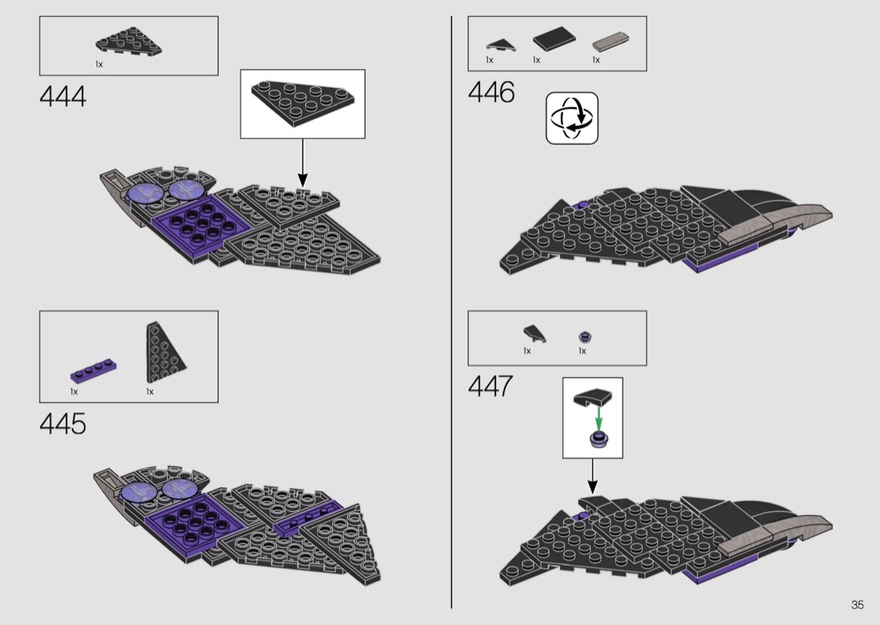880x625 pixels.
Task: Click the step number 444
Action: (63, 97)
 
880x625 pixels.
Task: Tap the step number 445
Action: (63, 424)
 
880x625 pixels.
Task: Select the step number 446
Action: (491, 93)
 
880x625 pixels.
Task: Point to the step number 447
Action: (491, 388)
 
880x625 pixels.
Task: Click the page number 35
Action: (857, 605)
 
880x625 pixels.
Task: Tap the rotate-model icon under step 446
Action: (572, 118)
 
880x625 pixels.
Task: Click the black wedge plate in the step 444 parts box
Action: (128, 44)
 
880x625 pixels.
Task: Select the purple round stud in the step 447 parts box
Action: (584, 337)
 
